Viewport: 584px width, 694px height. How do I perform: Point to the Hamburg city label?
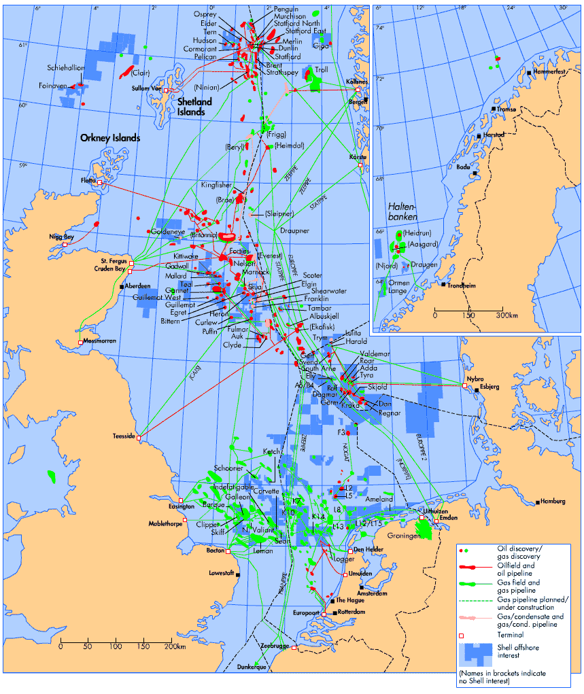point(553,502)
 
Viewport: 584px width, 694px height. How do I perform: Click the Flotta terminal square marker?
point(100,182)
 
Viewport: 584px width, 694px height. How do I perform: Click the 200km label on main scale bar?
point(175,646)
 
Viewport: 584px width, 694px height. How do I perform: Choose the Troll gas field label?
point(322,69)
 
